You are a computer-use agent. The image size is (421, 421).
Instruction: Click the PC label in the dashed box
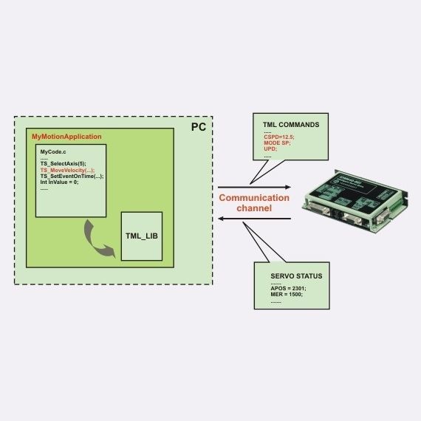tap(198, 128)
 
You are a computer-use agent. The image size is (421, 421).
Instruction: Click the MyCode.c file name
tap(54, 151)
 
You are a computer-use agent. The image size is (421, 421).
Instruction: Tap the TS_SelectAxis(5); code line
tap(63, 163)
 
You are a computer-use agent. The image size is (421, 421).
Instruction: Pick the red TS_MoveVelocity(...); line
tap(67, 170)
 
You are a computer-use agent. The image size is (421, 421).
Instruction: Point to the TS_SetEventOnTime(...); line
tap(72, 176)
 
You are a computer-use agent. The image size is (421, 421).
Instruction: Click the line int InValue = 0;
tap(59, 182)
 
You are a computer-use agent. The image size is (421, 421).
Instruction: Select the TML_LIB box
tap(142, 236)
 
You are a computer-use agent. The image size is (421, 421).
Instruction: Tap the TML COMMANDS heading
tap(291, 125)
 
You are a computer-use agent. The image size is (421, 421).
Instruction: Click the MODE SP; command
tap(278, 143)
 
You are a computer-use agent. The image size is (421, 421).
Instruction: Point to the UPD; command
tap(270, 149)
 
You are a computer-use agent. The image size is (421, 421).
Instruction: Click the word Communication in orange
tap(253, 198)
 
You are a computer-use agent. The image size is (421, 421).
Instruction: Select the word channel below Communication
tap(253, 209)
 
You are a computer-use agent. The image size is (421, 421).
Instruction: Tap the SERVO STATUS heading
tap(291, 275)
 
